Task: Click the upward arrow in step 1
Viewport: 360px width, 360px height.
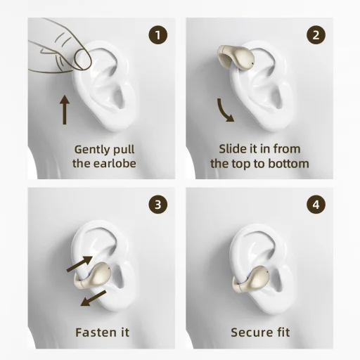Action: [x=65, y=110]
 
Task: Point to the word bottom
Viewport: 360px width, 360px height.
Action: [x=287, y=164]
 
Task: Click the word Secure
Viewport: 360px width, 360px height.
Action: [x=249, y=332]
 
